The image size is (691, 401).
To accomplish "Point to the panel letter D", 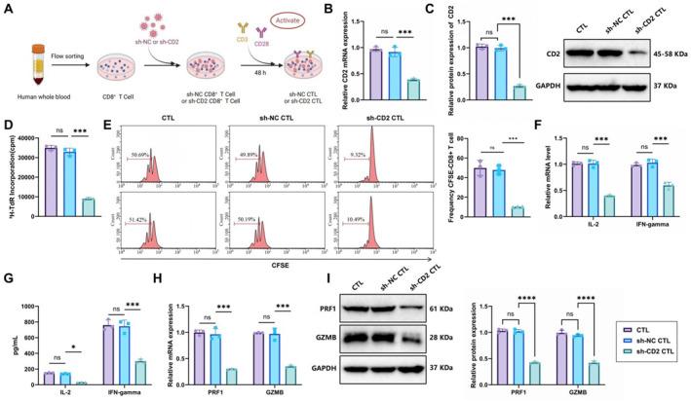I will [7, 127].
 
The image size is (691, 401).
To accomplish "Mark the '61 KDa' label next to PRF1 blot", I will [441, 307].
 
